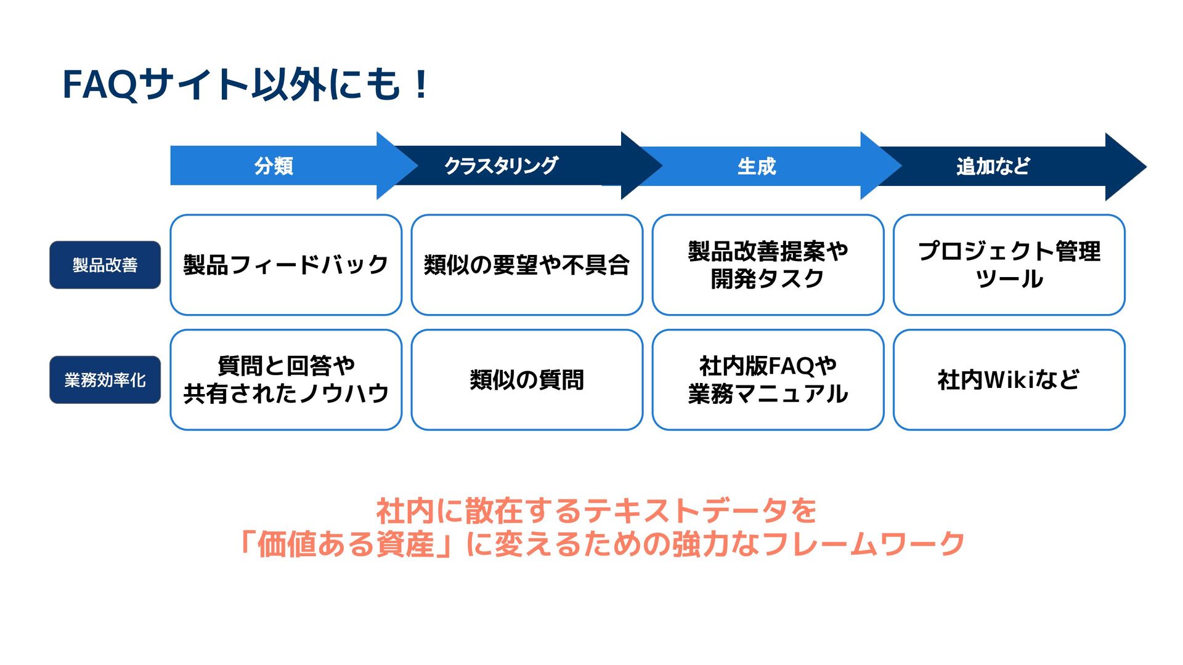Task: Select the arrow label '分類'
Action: [x=274, y=166]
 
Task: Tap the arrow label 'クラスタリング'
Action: [x=501, y=166]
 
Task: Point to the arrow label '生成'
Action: [x=757, y=166]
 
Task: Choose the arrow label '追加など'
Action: [x=993, y=166]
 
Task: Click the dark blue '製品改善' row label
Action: [x=105, y=265]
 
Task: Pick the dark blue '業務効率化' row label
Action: [x=105, y=380]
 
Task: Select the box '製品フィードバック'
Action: [x=286, y=265]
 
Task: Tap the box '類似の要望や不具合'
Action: [x=527, y=265]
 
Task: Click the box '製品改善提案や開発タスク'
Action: [x=768, y=265]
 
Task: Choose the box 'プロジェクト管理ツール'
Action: [x=1009, y=265]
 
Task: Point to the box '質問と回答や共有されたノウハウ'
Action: [x=286, y=380]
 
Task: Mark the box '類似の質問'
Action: [x=527, y=380]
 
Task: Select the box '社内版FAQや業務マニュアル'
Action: [x=768, y=380]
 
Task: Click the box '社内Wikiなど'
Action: [x=1009, y=380]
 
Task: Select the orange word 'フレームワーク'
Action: [x=863, y=544]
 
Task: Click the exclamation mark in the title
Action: [x=421, y=84]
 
